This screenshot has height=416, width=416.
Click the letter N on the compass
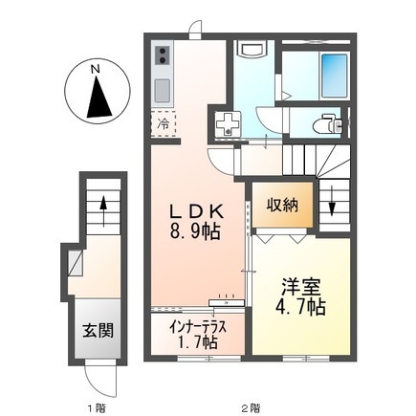point(94,69)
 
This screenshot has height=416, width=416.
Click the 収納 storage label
point(282,203)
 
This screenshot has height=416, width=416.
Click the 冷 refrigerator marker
point(164,123)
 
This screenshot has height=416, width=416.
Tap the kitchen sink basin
point(162,90)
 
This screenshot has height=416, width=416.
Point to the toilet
point(329,122)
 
